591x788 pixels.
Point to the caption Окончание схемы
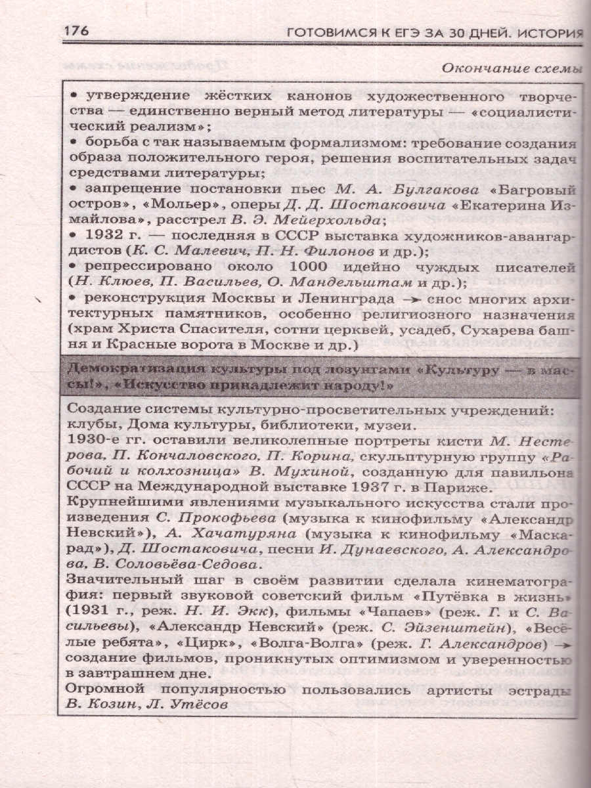coord(512,68)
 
